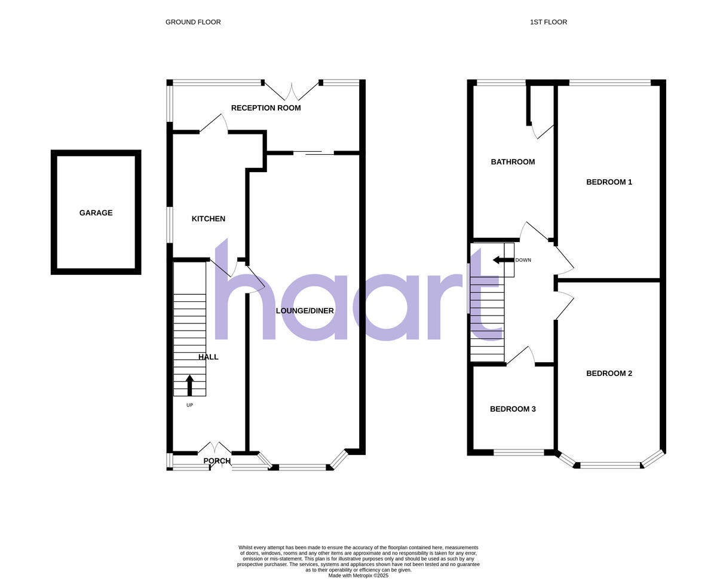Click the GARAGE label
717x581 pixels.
(x=96, y=213)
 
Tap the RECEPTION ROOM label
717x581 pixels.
(x=266, y=108)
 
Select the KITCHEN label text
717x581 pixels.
(x=209, y=219)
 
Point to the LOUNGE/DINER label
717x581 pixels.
(x=305, y=311)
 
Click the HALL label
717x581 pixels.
(x=209, y=357)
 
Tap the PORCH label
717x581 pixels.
(x=217, y=461)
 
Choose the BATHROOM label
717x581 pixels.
(x=513, y=162)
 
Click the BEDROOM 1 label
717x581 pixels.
(x=609, y=182)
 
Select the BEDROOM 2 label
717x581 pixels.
(x=609, y=374)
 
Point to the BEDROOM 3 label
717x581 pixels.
(x=513, y=409)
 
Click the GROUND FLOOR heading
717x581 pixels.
(x=193, y=22)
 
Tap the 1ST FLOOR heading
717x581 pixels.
(x=549, y=22)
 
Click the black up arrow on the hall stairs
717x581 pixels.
(x=190, y=385)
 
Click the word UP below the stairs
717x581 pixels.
(x=190, y=405)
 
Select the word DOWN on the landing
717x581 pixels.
(x=523, y=260)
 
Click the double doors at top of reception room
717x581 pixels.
(x=292, y=91)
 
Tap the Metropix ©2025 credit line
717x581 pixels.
(x=358, y=576)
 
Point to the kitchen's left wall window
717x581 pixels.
(x=170, y=225)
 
